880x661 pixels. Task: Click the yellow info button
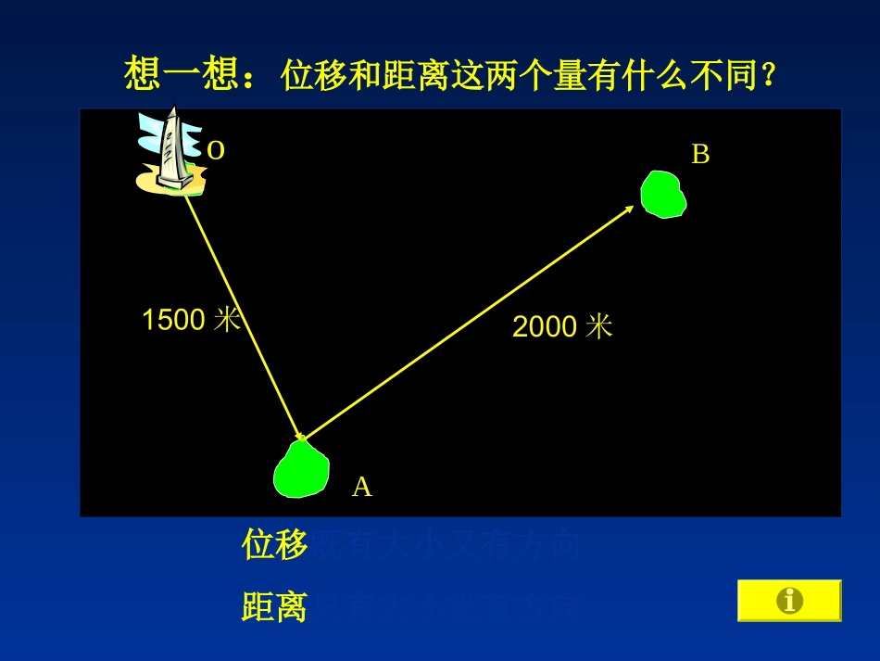[789, 601]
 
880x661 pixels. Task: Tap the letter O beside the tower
[216, 149]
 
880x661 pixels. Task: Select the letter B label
[700, 155]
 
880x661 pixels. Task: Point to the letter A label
[361, 487]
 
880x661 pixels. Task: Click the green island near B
[663, 195]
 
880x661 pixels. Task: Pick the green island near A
[301, 470]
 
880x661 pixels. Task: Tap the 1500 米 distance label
[191, 320]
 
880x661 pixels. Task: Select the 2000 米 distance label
[562, 326]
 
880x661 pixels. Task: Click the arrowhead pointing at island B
[629, 209]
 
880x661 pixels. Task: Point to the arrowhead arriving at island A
[299, 435]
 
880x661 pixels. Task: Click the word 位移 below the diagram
[274, 545]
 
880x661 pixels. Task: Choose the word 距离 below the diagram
[274, 607]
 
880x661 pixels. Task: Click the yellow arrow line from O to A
[243, 315]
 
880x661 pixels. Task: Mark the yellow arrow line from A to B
[463, 324]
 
